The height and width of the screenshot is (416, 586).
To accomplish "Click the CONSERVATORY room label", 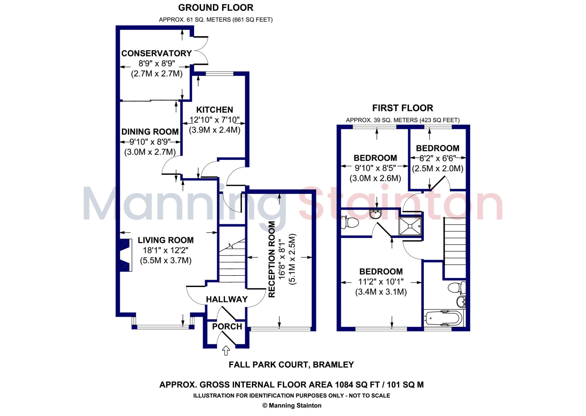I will click(156, 54).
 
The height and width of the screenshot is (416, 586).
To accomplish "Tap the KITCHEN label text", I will click(215, 110).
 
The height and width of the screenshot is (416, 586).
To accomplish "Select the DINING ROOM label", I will click(150, 132).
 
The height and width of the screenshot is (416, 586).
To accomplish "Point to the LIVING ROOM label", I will click(166, 240).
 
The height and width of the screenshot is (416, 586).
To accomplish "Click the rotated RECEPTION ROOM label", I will click(272, 259).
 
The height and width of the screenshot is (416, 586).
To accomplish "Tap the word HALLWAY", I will click(227, 300).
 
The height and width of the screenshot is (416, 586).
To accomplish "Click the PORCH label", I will click(227, 326).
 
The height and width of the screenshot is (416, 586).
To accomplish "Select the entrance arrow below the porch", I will click(226, 350).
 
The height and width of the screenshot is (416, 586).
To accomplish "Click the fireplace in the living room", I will click(126, 255).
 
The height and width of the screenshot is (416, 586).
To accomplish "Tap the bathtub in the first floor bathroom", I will click(444, 318).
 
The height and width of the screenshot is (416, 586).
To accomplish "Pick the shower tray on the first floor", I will click(410, 226).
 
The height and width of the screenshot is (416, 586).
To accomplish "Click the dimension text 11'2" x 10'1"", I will click(381, 282).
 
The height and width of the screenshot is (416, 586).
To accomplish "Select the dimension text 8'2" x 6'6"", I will click(437, 158).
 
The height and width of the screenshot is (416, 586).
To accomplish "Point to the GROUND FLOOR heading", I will click(216, 8).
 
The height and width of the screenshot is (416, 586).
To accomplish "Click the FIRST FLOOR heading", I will click(403, 108).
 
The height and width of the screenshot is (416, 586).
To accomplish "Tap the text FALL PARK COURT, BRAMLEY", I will click(291, 365).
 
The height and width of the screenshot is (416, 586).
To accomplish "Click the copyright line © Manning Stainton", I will click(292, 405).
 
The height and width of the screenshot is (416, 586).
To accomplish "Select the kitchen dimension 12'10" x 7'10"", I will click(215, 120).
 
